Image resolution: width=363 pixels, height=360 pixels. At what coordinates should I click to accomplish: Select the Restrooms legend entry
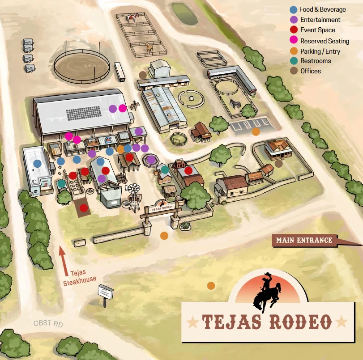point(316,61)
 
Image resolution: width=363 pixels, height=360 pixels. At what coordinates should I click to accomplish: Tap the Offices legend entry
point(311,71)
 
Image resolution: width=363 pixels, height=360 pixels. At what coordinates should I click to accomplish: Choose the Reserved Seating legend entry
point(325,41)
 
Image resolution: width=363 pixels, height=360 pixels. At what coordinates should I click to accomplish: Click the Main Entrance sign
point(304,240)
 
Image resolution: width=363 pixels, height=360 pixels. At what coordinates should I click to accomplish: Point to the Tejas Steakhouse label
point(79,276)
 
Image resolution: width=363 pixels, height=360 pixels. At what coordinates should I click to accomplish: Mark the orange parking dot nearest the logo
point(211,285)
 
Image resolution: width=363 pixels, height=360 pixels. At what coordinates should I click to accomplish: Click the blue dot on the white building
point(37,164)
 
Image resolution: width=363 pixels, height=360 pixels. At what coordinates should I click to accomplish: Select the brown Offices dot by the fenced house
point(278,164)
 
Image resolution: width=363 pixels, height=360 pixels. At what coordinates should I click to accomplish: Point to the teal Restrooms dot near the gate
point(165,169)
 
